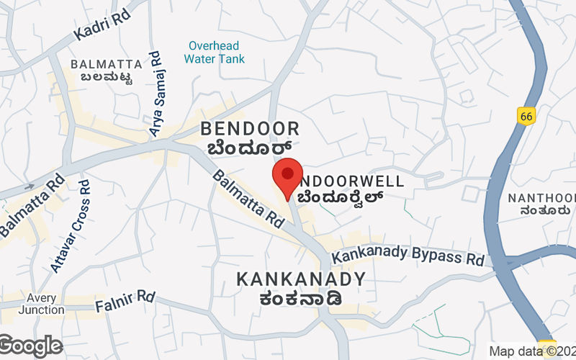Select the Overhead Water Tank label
click(214, 52)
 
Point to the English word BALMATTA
click(101, 65)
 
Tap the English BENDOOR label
click(250, 130)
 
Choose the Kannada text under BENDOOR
click(250, 148)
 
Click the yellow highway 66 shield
click(526, 115)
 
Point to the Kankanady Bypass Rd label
click(408, 254)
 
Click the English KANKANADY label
click(301, 279)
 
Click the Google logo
click(30, 346)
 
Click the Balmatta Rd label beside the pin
click(248, 199)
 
